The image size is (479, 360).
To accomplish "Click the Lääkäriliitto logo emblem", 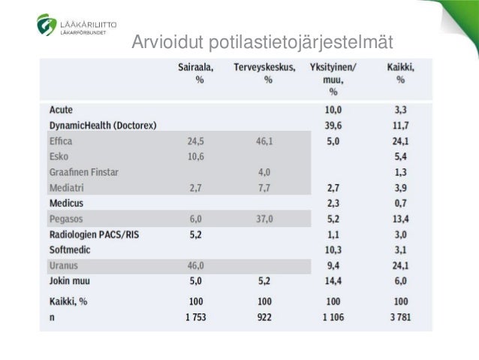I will coord(46,25).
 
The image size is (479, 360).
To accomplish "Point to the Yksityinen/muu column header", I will coord(333,79).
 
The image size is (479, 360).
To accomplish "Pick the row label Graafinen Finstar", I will coord(84,172).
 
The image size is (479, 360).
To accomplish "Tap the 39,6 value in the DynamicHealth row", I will coord(333,125).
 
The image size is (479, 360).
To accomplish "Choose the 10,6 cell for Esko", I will coord(195,156).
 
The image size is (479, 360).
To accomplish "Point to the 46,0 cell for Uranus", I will coord(195,266).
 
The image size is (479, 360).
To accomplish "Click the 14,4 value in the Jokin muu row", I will coord(333,282).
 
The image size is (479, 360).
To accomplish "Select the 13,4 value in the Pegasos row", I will coord(400,219).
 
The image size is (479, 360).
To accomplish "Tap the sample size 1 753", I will coord(195,316).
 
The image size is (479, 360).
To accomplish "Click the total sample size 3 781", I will coord(400,316).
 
